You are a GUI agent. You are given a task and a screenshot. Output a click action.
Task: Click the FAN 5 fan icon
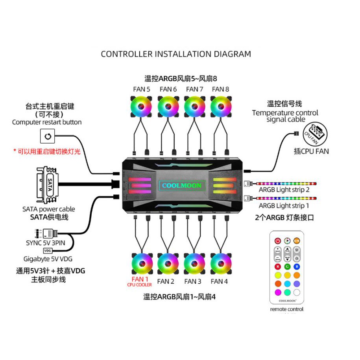(x=141, y=106)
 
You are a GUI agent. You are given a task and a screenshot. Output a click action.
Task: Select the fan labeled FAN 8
(x=221, y=106)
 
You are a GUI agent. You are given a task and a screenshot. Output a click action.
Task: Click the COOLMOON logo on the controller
(x=181, y=185)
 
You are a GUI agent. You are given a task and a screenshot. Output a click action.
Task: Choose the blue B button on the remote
(x=296, y=267)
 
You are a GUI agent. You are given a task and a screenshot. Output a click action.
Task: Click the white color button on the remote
(x=296, y=292)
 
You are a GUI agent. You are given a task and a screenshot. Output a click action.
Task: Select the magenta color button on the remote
(x=277, y=292)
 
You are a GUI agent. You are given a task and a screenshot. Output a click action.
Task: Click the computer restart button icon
(x=48, y=137)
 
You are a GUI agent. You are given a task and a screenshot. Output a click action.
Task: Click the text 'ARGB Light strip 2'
(x=284, y=190)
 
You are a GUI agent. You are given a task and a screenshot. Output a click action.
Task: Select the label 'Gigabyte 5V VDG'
(x=48, y=259)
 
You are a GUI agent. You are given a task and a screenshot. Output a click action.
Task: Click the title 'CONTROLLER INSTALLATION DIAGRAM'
(x=176, y=54)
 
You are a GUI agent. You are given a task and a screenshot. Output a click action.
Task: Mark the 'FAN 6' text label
(x=168, y=89)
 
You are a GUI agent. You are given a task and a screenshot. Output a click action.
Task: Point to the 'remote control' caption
(x=287, y=309)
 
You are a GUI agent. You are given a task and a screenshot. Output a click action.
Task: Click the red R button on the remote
(x=277, y=267)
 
